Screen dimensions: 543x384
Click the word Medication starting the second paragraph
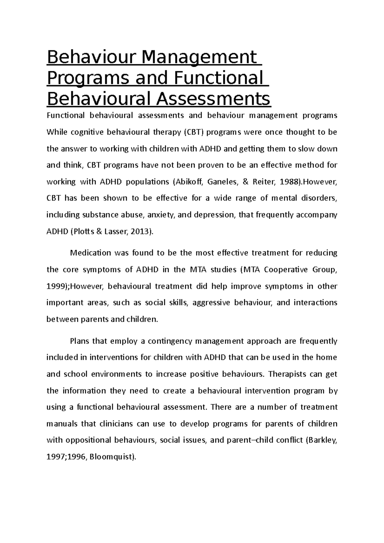click(x=90, y=253)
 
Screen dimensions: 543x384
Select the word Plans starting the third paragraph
click(x=79, y=341)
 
